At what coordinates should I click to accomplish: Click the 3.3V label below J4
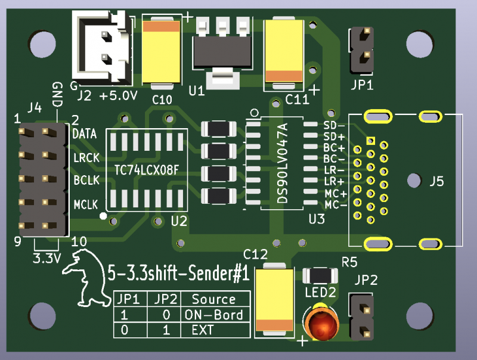click(x=46, y=259)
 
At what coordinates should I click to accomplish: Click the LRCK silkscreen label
click(x=86, y=159)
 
